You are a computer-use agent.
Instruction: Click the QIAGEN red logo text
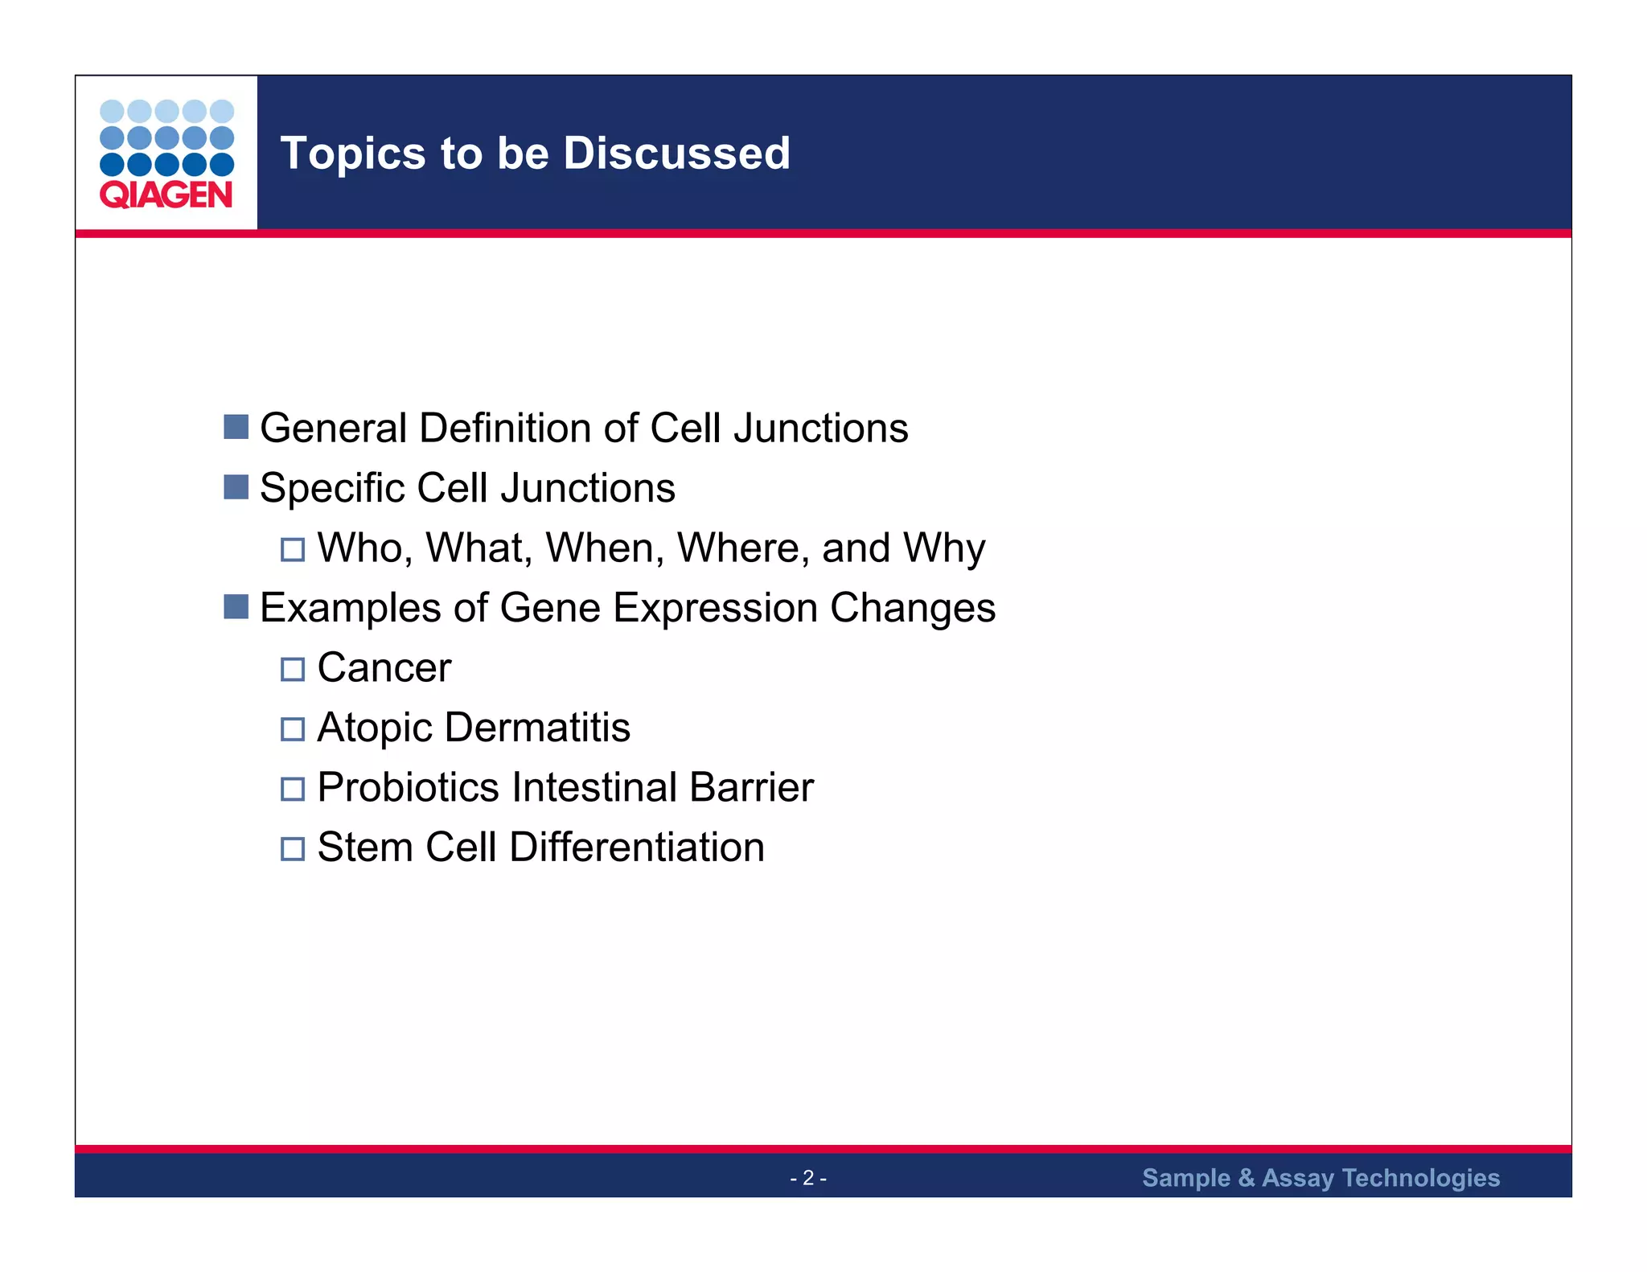(166, 195)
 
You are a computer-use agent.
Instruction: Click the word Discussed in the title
(676, 154)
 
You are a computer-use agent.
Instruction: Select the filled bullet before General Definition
(236, 427)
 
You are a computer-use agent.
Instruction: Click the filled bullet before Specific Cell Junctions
(236, 487)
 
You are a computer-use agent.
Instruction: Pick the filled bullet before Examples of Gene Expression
(236, 607)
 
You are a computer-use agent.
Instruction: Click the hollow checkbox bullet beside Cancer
(293, 669)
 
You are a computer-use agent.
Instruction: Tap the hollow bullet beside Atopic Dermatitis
(293, 729)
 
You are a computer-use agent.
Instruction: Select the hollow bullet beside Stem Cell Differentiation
(293, 849)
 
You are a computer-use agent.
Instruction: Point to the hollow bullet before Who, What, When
(293, 550)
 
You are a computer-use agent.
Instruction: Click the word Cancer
(384, 667)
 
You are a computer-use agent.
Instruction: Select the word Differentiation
(636, 847)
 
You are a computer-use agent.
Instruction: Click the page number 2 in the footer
(808, 1178)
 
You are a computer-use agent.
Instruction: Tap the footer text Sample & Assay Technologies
(1320, 1178)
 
